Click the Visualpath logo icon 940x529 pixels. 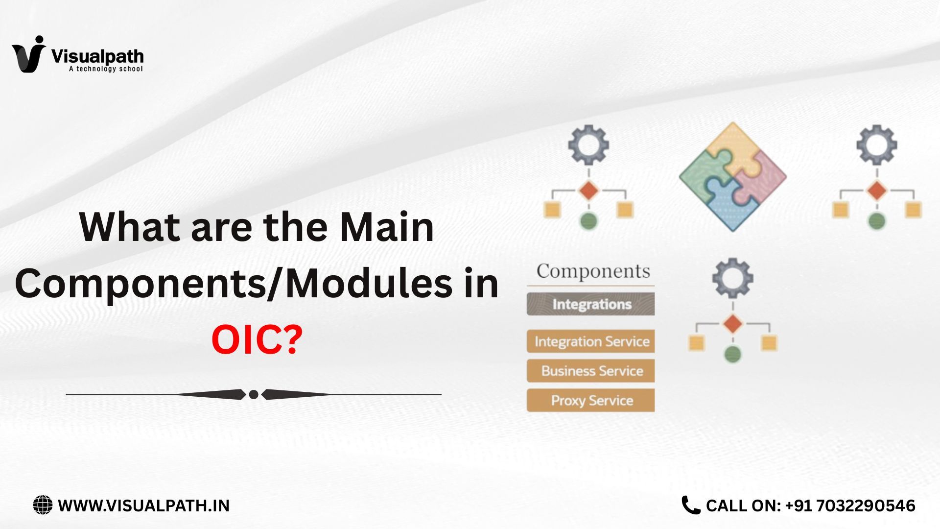28,55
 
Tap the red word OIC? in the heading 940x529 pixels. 257,340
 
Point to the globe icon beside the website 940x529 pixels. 43,505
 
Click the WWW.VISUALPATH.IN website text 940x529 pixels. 143,505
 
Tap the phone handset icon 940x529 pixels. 691,505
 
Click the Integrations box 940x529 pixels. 591,304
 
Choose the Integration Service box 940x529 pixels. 591,341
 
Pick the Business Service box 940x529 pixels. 591,371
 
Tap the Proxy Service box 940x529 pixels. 591,400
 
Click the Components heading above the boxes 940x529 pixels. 593,271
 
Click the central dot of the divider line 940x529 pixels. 254,394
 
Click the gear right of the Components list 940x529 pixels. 732,278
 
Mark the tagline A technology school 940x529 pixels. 106,69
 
